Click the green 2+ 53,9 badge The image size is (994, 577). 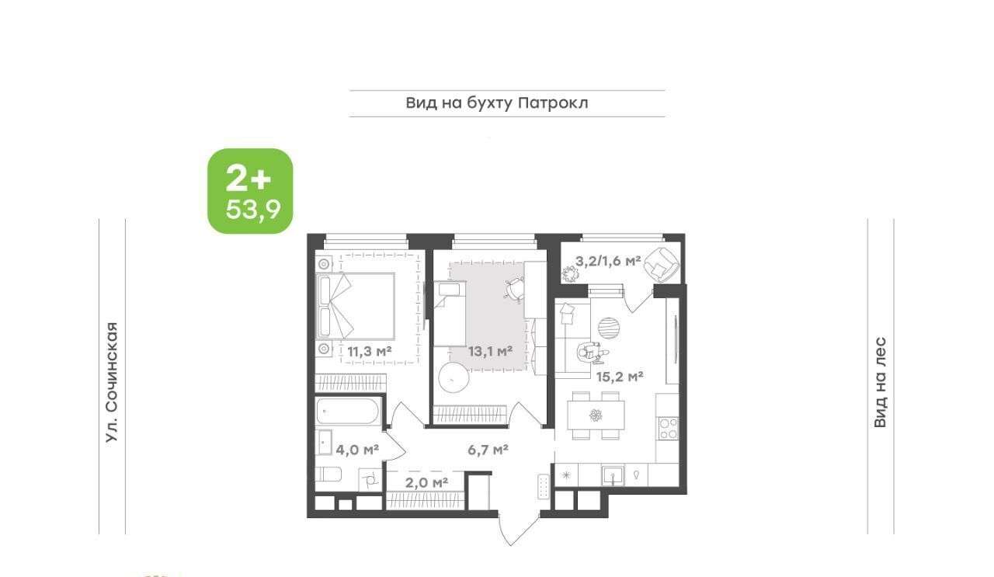point(250,191)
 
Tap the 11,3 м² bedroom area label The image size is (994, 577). point(369,352)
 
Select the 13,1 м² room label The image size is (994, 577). point(490,352)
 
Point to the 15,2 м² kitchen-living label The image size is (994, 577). point(620,377)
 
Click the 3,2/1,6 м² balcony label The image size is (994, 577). point(608,261)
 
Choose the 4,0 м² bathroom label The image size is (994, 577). point(357,450)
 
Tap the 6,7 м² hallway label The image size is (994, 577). point(488,450)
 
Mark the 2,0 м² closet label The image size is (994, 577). point(426,482)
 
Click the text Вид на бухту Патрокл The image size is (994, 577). point(497,103)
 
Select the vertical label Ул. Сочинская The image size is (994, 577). point(113,382)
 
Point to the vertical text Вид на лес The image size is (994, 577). point(881,382)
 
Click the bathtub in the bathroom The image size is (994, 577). point(348,412)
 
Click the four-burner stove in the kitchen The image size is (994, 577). point(669,429)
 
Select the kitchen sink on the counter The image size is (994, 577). point(613,475)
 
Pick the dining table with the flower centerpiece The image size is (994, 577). point(596,415)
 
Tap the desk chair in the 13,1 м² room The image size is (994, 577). point(514,290)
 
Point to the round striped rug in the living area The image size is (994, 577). point(610,328)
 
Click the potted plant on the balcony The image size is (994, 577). point(569,274)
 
